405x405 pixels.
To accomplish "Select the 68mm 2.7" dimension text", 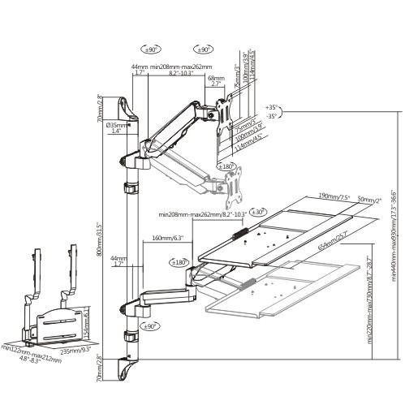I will pos(216,80).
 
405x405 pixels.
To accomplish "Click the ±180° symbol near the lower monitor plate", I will pos(226,166).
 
